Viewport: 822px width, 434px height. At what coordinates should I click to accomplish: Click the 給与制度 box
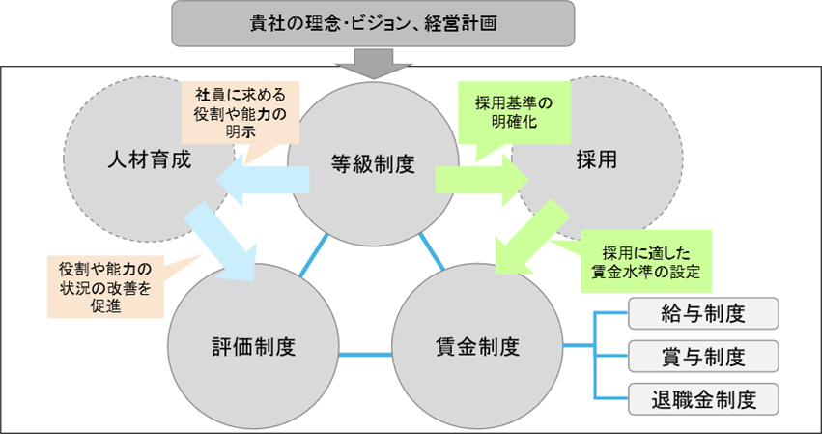click(702, 313)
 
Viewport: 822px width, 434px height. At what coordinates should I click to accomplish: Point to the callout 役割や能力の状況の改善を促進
click(104, 285)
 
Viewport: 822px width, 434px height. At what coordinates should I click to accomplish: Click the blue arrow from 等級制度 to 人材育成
click(261, 180)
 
